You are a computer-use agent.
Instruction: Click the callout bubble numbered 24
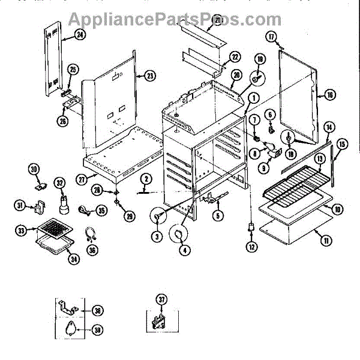click(80, 35)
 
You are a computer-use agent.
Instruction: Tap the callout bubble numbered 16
click(329, 94)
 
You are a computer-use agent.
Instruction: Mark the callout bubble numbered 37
click(160, 300)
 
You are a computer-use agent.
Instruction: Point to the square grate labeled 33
click(59, 227)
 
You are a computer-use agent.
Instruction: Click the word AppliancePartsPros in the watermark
click(174, 20)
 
